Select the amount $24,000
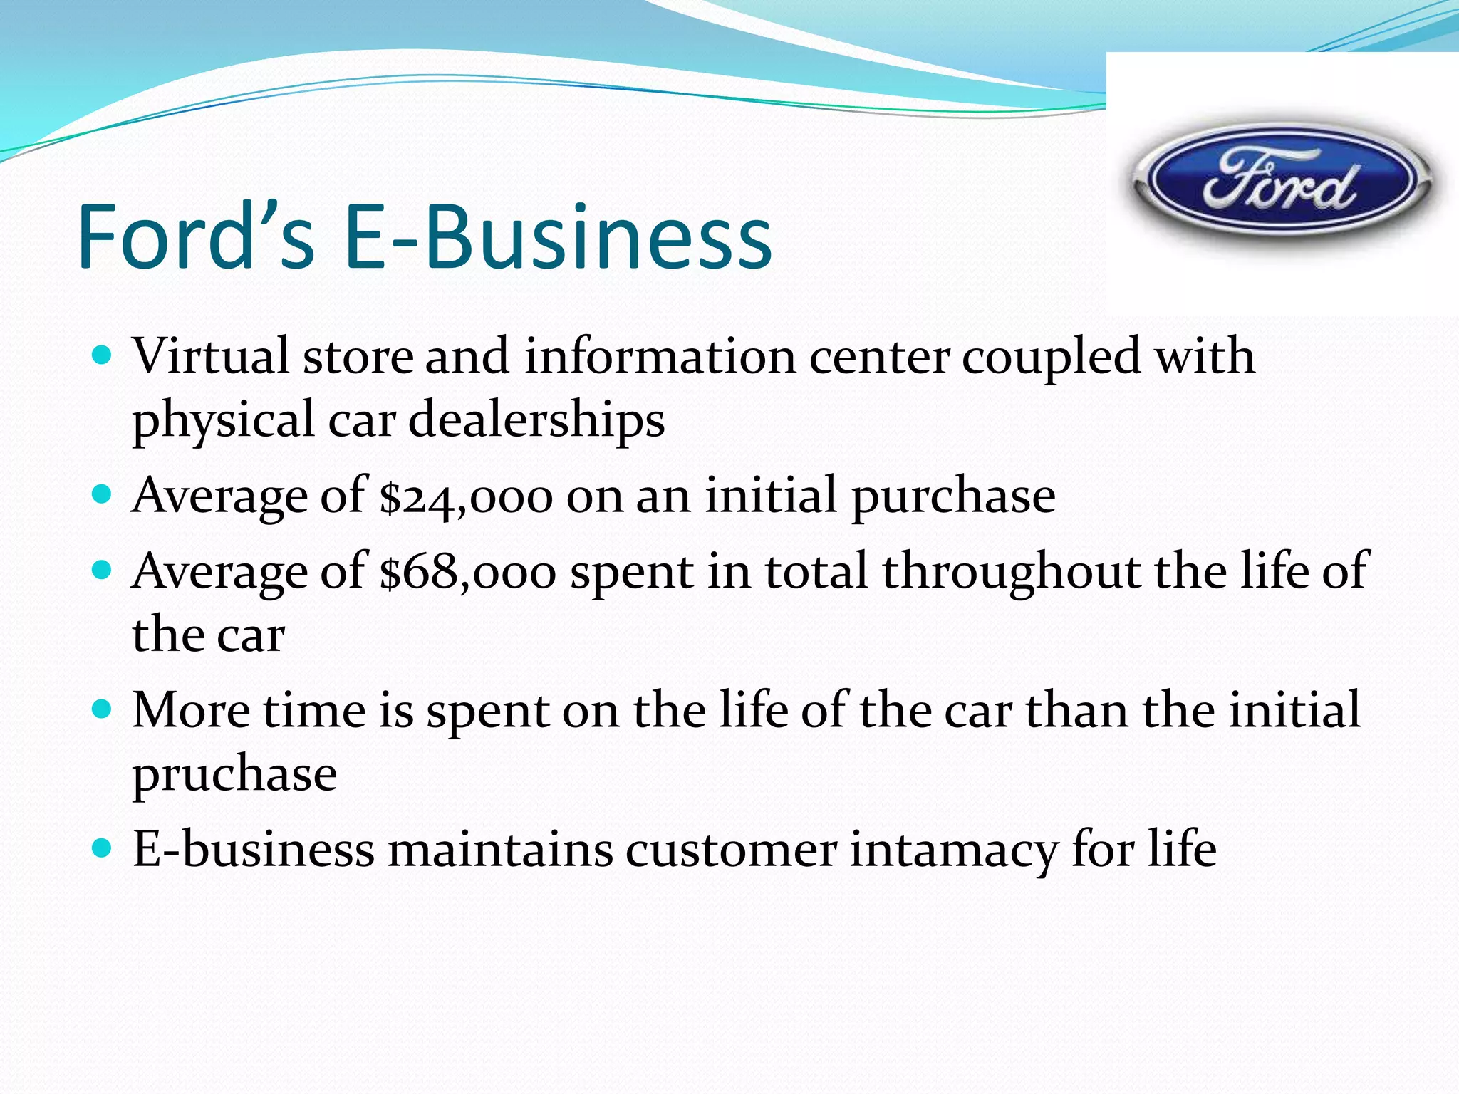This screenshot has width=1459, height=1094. click(466, 496)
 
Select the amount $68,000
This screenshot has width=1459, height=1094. click(467, 572)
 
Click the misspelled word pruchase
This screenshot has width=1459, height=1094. click(234, 775)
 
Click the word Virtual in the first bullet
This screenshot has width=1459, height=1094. click(211, 356)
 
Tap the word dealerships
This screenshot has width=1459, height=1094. click(536, 420)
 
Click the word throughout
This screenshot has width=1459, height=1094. click(1011, 572)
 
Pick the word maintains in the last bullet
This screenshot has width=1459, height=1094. click(499, 850)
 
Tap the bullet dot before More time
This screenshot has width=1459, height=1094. click(103, 709)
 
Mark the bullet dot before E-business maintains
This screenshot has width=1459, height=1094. click(103, 848)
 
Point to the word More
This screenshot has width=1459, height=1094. click(191, 711)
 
